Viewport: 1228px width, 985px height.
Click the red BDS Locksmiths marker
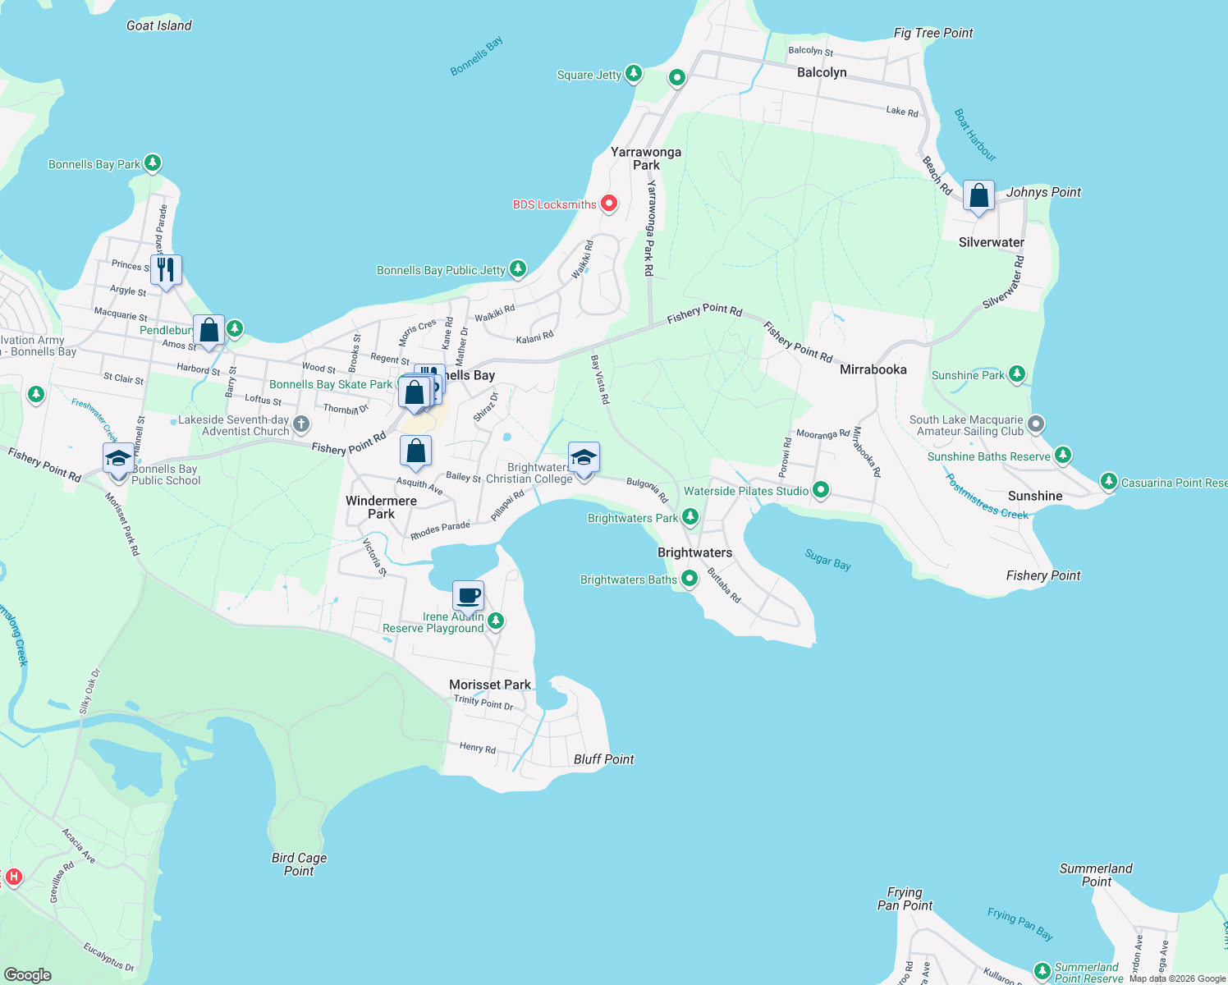(x=608, y=203)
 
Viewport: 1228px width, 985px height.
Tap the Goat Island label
(x=158, y=25)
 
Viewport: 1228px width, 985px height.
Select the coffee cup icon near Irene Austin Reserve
(x=468, y=595)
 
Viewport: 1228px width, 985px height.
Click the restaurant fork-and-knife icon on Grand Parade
(x=166, y=269)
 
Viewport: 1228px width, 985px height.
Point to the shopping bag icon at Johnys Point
(x=978, y=196)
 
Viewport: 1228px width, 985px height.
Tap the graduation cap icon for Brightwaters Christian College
(x=584, y=458)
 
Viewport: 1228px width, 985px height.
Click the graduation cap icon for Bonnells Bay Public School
(x=118, y=458)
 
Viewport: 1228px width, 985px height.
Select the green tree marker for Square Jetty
(x=633, y=74)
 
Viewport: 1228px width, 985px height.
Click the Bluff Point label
(x=603, y=759)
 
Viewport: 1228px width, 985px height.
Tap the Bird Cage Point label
(x=299, y=864)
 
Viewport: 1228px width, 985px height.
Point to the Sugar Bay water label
(x=827, y=560)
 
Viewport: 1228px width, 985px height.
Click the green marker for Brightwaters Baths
(x=690, y=579)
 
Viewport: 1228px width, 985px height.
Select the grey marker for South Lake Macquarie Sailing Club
(x=1036, y=424)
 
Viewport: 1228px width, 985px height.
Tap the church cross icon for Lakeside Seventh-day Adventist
(x=301, y=424)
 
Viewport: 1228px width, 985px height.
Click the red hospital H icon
(x=13, y=877)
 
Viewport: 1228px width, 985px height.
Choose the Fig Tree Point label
(x=932, y=33)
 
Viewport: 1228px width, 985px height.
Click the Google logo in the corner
(x=28, y=974)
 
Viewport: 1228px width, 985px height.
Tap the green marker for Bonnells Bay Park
(x=152, y=163)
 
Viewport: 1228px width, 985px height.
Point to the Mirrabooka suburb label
(x=873, y=369)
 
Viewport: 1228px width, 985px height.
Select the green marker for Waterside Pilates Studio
(x=820, y=490)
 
